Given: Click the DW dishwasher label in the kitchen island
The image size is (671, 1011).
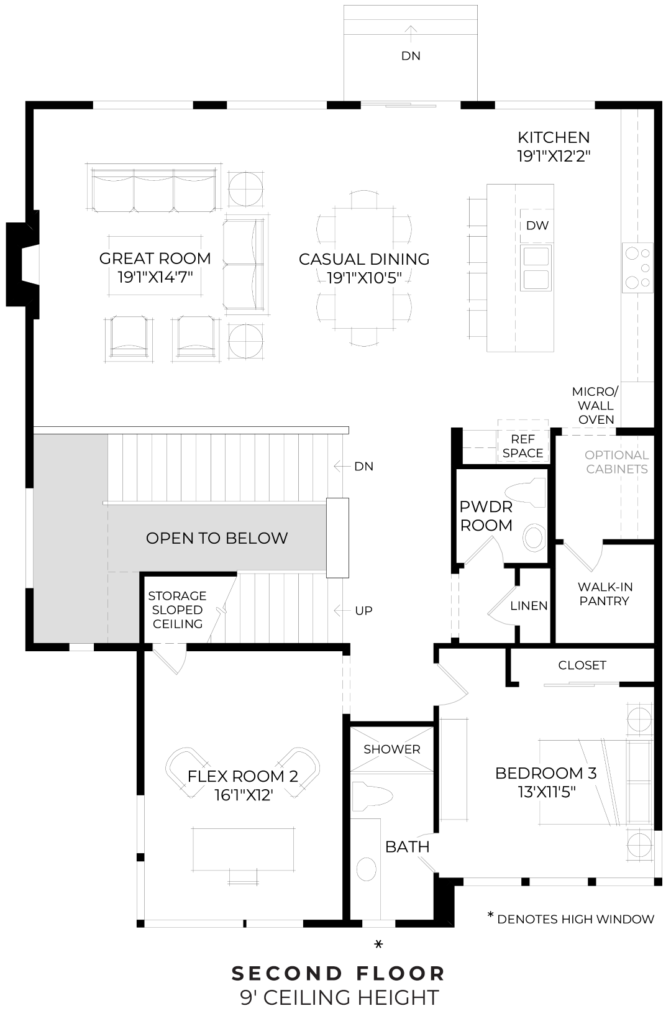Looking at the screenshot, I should [x=537, y=226].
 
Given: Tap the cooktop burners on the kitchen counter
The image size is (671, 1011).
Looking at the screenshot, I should [x=638, y=268].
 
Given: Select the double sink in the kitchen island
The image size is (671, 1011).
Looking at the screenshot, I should [x=536, y=267].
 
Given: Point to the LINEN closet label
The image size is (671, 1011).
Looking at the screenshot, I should [x=529, y=606].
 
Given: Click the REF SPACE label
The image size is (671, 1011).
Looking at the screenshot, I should [x=523, y=447].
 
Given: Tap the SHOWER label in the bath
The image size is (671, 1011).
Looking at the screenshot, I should [x=391, y=749].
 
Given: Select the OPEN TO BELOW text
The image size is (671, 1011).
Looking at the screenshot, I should [x=217, y=538].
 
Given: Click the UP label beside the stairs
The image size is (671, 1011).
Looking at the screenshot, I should [x=363, y=611].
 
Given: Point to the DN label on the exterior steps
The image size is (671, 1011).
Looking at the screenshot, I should [x=411, y=56].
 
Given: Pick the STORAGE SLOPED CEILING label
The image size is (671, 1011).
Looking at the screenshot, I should [x=177, y=610].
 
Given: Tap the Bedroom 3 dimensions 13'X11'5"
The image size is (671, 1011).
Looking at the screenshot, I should [x=545, y=792].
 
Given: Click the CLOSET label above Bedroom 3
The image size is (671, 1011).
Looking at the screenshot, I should [x=582, y=666].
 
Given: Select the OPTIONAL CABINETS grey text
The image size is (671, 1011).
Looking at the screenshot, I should [x=616, y=462].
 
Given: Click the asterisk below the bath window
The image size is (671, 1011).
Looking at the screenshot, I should [x=378, y=945].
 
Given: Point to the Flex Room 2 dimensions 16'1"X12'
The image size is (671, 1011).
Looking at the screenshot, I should [x=242, y=795].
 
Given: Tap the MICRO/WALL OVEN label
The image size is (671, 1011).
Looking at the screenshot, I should [x=595, y=406].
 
